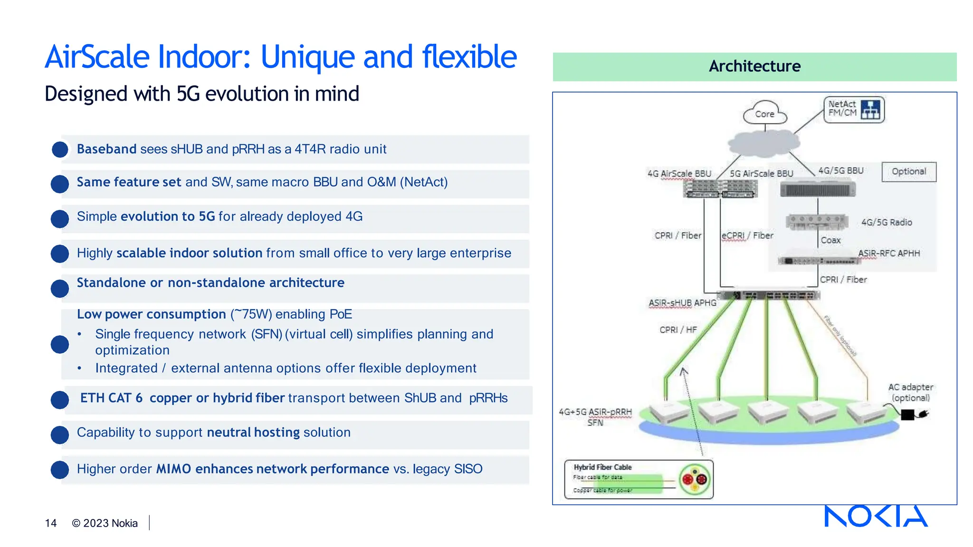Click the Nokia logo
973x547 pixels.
876,516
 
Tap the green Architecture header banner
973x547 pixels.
754,66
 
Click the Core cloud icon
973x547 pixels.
764,113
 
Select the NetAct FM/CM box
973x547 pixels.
853,109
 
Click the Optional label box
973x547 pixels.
908,171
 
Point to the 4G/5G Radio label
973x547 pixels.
887,222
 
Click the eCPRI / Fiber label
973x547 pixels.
747,236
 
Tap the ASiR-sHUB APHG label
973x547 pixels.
682,303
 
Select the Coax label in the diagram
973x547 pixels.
830,240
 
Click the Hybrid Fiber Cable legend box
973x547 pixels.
638,479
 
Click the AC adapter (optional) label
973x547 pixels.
910,392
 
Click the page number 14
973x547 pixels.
51,523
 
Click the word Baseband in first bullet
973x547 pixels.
107,149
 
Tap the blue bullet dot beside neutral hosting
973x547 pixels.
60,434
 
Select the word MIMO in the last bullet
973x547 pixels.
173,469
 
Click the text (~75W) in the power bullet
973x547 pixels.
251,314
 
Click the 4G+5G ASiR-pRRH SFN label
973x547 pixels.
595,417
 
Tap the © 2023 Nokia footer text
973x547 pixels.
105,523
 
